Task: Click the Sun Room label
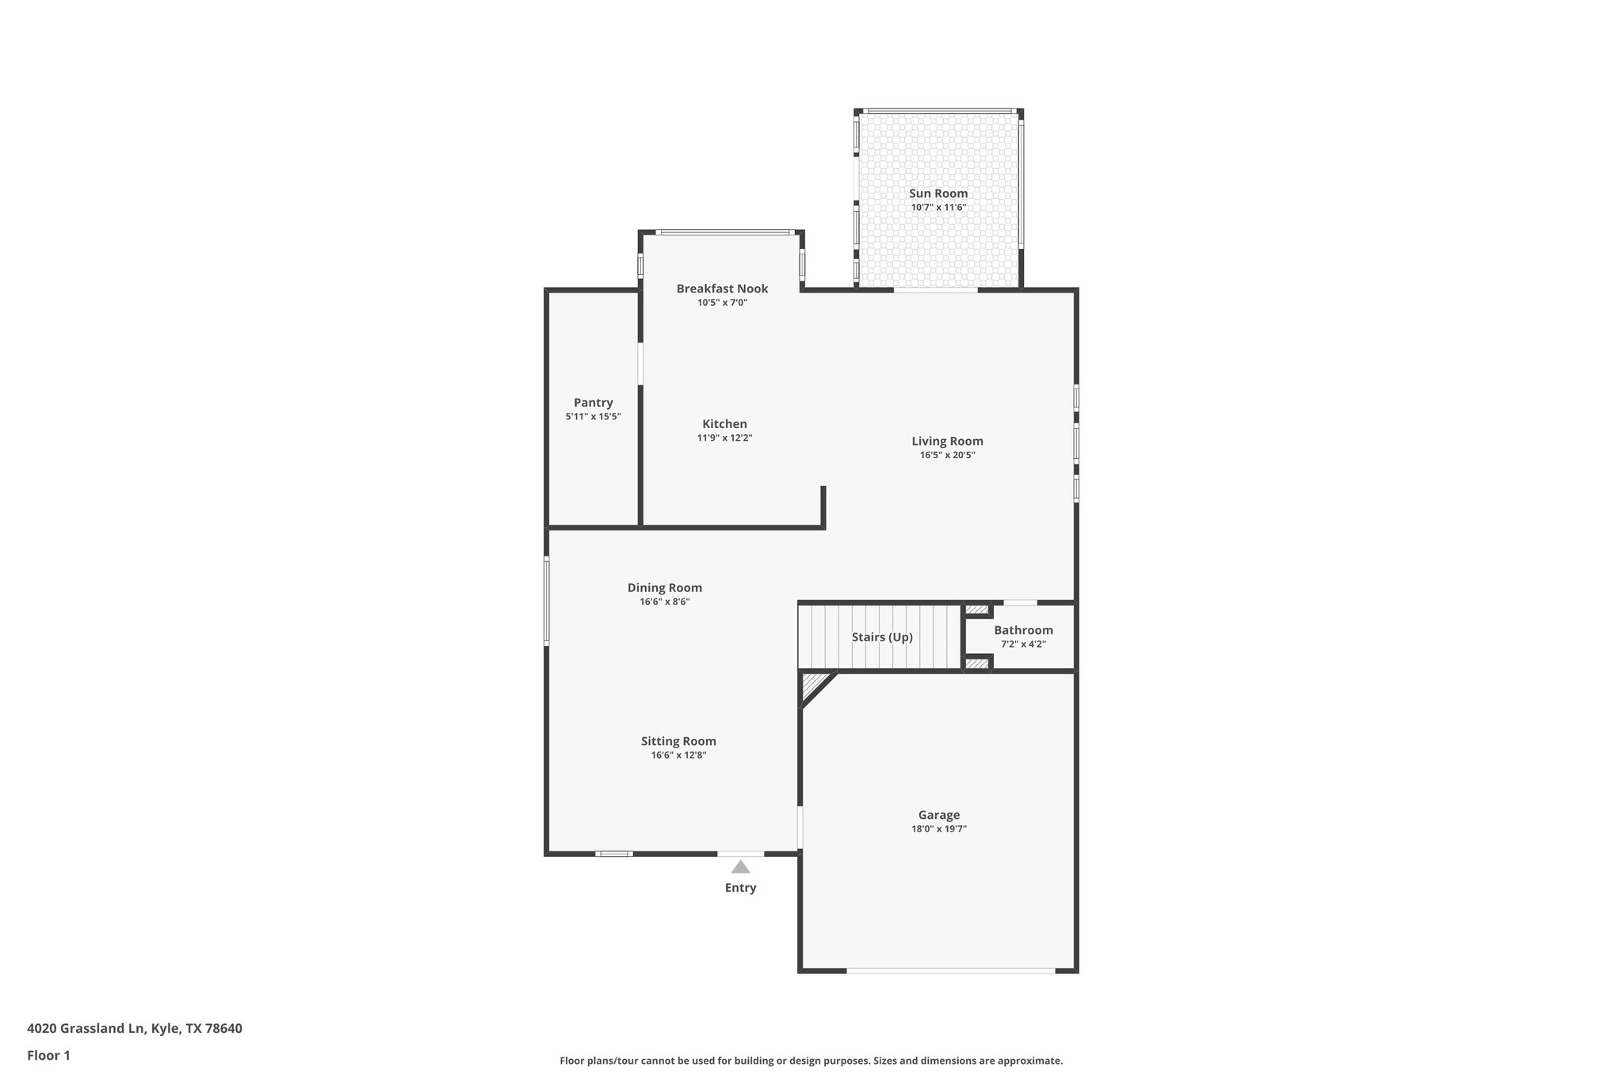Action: tap(938, 193)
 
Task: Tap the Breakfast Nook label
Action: tap(722, 289)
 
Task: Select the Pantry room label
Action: tap(594, 403)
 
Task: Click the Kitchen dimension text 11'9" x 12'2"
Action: tap(724, 438)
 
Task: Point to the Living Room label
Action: tap(947, 442)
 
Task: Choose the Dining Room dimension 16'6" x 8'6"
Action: tap(665, 602)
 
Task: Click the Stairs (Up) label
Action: tap(882, 637)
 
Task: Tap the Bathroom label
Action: tap(1023, 630)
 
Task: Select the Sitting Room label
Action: tap(678, 741)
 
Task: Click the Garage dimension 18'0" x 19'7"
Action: tap(939, 829)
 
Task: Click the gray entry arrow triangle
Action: tap(740, 867)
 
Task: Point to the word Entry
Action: tap(740, 888)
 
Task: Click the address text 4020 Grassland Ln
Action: tap(87, 1029)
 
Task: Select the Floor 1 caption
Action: tap(48, 1056)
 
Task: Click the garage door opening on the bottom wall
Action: tap(950, 970)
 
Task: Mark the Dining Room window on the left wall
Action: tap(547, 600)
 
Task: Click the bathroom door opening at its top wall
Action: tap(1020, 603)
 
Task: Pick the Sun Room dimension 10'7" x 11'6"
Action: tap(938, 208)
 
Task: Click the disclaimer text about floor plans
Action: tap(811, 1061)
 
